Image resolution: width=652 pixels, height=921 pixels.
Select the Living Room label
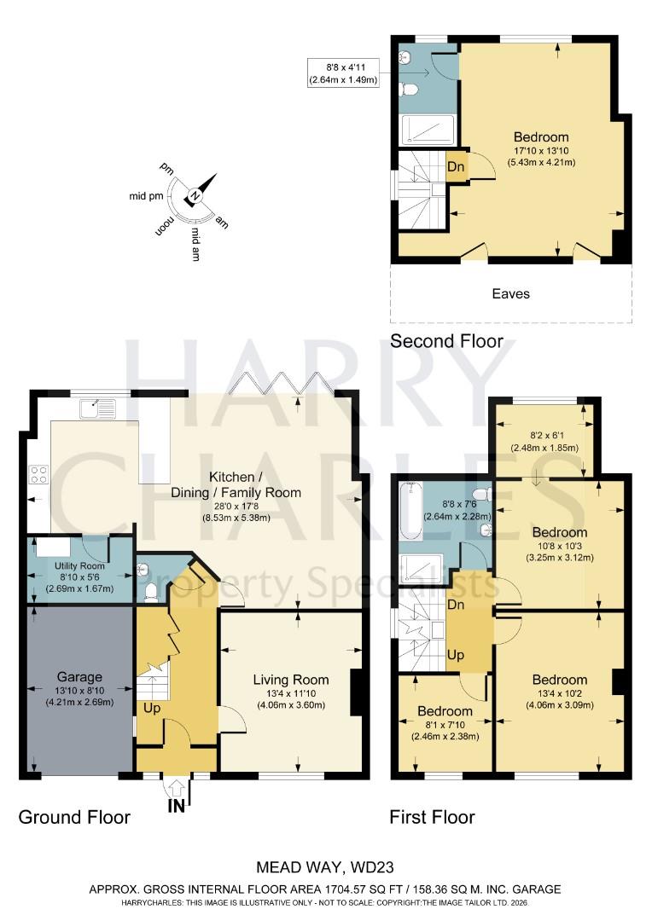pyautogui.click(x=290, y=680)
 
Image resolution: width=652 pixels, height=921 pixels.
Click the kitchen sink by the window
pyautogui.click(x=96, y=409)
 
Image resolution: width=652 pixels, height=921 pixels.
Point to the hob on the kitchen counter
pyautogui.click(x=38, y=473)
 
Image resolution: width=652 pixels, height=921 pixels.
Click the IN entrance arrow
pyautogui.click(x=177, y=792)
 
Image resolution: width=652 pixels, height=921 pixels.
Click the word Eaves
pyautogui.click(x=510, y=293)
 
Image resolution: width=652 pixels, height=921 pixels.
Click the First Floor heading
pyautogui.click(x=432, y=817)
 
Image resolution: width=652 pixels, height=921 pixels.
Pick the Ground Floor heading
pyautogui.click(x=74, y=817)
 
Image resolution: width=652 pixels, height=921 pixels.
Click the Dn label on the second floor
pyautogui.click(x=457, y=167)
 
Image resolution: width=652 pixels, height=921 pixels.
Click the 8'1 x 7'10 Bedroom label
pyautogui.click(x=445, y=711)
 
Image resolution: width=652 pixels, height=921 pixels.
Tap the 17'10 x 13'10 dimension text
pyautogui.click(x=541, y=150)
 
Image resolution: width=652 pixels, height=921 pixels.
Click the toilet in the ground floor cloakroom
pyautogui.click(x=149, y=589)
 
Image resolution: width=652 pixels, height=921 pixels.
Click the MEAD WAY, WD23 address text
pyautogui.click(x=325, y=869)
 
